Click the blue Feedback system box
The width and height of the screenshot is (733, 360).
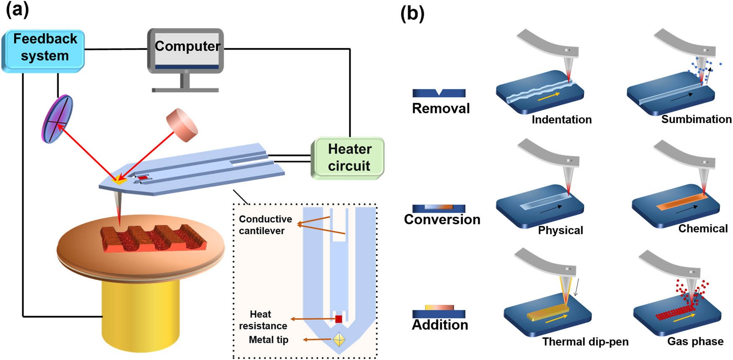(44, 51)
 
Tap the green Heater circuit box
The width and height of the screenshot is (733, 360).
(348, 158)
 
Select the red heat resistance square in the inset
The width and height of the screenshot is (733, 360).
(339, 319)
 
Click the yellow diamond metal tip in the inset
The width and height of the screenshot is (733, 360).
(339, 339)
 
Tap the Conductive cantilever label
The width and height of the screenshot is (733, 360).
(265, 225)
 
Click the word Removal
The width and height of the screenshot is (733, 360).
(441, 108)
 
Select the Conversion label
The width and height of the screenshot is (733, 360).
(442, 219)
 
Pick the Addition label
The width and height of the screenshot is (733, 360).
(440, 325)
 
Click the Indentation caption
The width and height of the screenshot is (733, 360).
(561, 120)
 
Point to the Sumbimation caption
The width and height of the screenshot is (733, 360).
(696, 119)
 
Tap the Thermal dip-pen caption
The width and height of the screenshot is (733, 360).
(585, 342)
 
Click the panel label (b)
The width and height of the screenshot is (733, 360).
(412, 13)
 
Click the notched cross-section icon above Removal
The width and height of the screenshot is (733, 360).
(439, 93)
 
